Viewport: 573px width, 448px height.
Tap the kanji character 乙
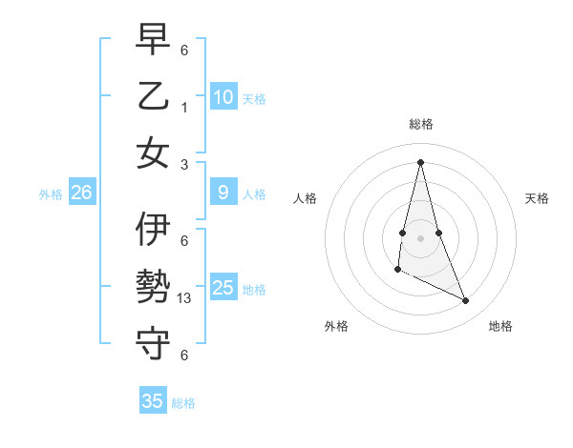coord(153,98)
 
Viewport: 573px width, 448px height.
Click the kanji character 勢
coord(153,286)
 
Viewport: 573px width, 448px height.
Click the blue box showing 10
coord(223,97)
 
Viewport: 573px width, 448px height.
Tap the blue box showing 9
coord(223,193)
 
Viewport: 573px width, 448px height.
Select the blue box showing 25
coord(223,288)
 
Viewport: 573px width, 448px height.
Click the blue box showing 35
coord(153,401)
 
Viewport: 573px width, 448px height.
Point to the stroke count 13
coord(186,298)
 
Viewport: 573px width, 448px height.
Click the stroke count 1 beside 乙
coord(184,108)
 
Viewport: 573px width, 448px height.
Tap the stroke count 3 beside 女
coord(184,163)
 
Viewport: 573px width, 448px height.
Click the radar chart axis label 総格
coord(421,125)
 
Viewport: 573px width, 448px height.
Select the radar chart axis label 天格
coord(538,198)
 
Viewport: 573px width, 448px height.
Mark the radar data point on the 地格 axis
coord(466,301)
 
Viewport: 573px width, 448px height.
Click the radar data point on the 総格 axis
coord(421,161)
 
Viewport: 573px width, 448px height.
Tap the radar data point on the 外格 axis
coord(397,271)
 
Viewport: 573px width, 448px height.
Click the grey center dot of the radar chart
coord(421,237)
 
